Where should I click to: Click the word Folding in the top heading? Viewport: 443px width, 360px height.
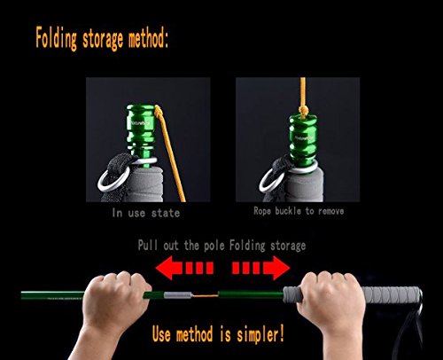coord(57,39)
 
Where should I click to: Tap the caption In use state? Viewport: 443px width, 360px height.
coord(146,213)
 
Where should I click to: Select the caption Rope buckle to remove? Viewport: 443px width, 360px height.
coord(299,211)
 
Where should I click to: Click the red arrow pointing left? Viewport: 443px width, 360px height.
coord(184,268)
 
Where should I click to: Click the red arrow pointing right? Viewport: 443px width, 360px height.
coord(260,268)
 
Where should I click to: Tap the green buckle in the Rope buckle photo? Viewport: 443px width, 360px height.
coord(304,140)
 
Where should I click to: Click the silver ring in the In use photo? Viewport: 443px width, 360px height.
coord(113,178)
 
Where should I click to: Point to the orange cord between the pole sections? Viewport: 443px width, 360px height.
coord(205,295)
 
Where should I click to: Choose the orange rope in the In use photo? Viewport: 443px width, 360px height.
coord(171,153)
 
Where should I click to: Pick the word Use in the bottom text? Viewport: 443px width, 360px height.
coord(161,334)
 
